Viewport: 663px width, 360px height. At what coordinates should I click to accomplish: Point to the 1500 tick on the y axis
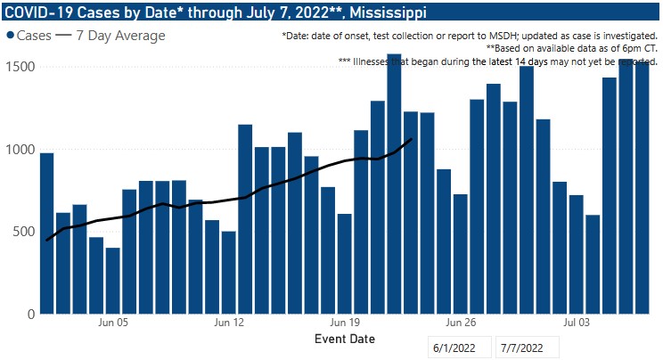(x=19, y=68)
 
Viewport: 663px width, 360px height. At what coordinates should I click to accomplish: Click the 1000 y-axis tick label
(x=19, y=150)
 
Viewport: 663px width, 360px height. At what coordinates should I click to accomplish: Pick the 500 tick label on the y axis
(x=23, y=232)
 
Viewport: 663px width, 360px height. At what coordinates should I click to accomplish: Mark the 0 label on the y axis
(x=31, y=314)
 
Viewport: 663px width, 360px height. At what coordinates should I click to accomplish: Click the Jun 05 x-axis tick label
(x=113, y=323)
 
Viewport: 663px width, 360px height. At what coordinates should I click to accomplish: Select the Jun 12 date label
(x=229, y=323)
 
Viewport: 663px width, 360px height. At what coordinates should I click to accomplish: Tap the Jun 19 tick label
(x=344, y=323)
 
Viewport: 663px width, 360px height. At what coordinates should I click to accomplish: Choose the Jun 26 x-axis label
(x=460, y=323)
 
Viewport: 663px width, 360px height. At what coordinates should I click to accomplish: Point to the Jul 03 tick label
(x=577, y=323)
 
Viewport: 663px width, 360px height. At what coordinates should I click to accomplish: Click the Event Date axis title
(x=345, y=340)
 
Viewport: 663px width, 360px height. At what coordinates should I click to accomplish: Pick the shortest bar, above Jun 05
(x=113, y=281)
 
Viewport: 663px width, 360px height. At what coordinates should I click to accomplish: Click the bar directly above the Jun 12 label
(x=229, y=273)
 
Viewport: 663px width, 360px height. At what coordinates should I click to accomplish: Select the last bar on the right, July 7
(x=643, y=188)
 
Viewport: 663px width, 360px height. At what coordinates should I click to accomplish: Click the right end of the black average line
(x=411, y=138)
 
